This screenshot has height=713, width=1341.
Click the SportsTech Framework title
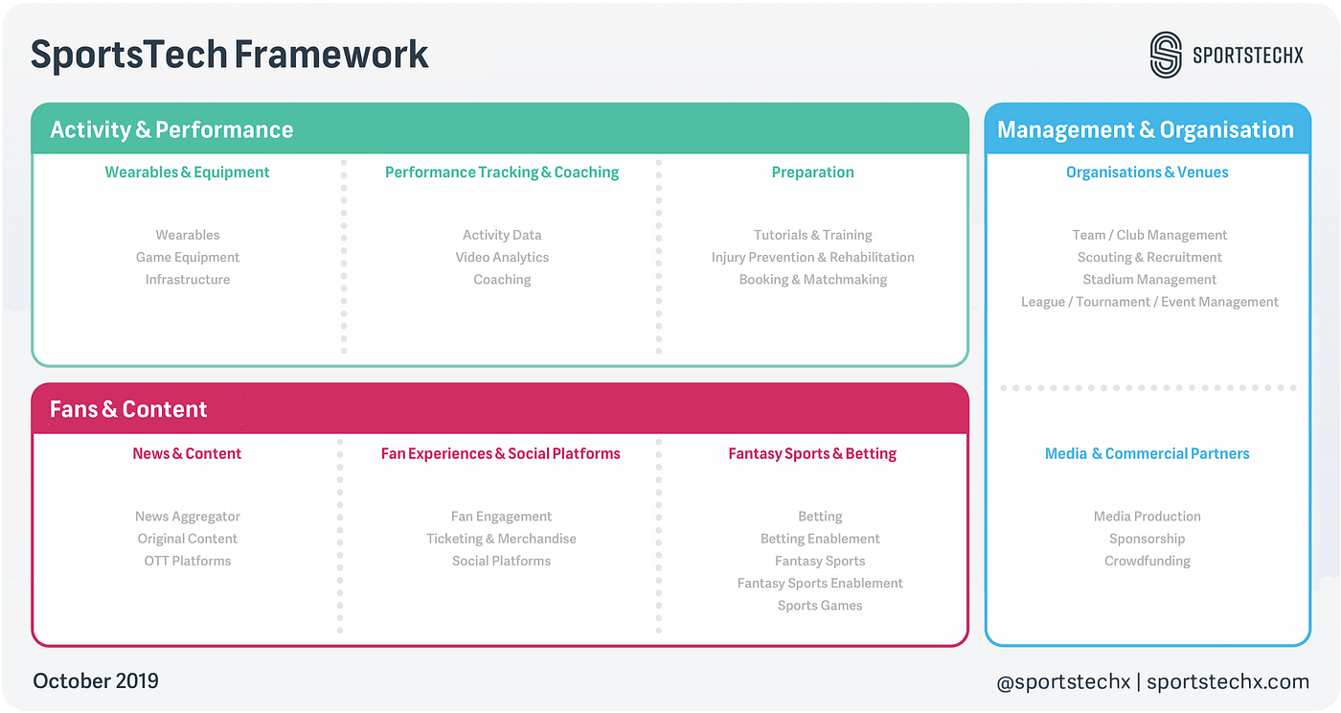pos(230,55)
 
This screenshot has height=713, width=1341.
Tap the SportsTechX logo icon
pos(1166,55)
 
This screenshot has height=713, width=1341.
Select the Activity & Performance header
pos(172,130)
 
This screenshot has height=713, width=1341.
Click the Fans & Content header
pos(128,409)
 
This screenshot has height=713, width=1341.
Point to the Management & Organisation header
pos(1146,130)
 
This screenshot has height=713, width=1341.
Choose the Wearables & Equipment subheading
pos(188,172)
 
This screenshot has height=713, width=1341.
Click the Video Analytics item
pos(502,257)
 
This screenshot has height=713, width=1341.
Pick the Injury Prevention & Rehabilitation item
pos(812,257)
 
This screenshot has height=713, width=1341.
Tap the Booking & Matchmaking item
pos(812,280)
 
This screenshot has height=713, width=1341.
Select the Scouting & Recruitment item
pos(1149,257)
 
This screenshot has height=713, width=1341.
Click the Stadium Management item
pos(1149,280)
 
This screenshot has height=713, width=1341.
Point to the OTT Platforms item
pos(188,561)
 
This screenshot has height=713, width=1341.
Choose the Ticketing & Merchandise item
pos(502,539)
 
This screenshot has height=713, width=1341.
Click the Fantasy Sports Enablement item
pos(820,583)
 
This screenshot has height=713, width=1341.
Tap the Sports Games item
pos(820,606)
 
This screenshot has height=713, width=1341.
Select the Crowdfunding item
pos(1148,561)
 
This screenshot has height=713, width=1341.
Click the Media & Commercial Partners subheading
pos(1148,454)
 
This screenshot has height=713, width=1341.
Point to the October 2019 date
pos(96,681)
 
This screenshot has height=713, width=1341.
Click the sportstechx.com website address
pos(1228,682)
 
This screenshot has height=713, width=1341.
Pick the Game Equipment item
pos(188,257)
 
